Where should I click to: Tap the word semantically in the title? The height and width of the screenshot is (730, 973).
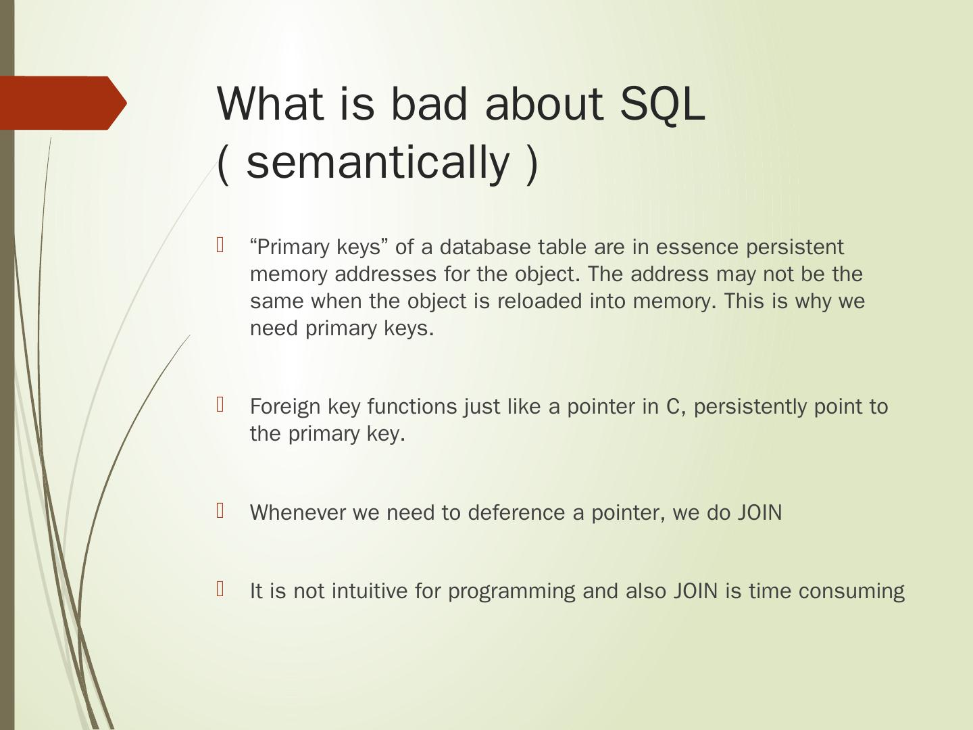(378, 163)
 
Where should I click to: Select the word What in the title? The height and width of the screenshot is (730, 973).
(270, 103)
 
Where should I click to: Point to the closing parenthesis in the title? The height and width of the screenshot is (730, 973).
(532, 164)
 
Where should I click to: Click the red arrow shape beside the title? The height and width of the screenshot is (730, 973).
(64, 103)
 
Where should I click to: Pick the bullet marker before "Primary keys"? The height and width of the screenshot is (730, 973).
(220, 245)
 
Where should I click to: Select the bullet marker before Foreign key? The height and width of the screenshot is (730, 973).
(220, 404)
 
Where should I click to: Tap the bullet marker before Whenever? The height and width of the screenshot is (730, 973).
(220, 510)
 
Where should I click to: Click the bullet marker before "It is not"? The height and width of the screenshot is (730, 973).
(220, 589)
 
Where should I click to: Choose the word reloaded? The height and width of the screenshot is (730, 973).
(539, 301)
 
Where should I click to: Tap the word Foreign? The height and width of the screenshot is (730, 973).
(285, 406)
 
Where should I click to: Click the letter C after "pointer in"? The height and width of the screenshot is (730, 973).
(673, 406)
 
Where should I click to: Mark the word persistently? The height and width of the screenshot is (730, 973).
(750, 406)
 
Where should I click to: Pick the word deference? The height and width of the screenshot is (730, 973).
(516, 512)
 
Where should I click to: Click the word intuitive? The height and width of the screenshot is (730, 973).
(369, 591)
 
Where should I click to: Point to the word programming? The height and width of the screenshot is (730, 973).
(512, 591)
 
